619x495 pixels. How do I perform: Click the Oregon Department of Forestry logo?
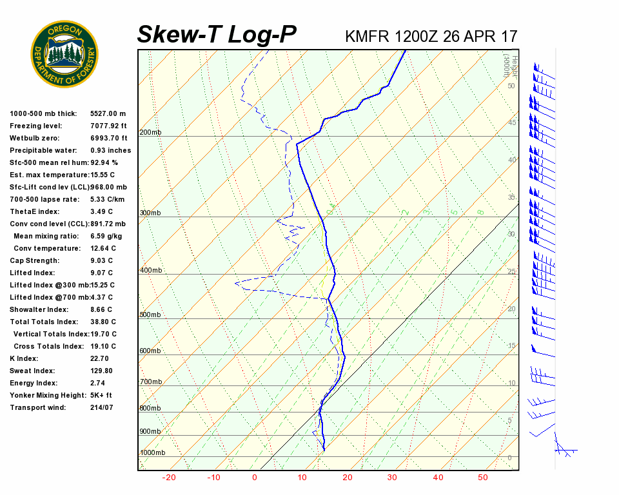click(64, 53)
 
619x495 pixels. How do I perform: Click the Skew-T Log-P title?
click(217, 34)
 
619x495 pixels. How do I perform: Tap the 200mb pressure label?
click(150, 133)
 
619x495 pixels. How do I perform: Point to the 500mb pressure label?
click(150, 315)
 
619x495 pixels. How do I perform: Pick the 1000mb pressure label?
click(152, 453)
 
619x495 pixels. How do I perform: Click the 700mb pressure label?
click(150, 382)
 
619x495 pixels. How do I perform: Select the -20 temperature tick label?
click(170, 478)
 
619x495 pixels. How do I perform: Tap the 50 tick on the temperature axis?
click(483, 478)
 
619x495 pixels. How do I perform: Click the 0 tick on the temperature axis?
click(254, 478)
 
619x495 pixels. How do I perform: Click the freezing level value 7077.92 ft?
click(109, 126)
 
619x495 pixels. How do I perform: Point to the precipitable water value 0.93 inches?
click(110, 150)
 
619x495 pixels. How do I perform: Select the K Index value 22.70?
click(99, 358)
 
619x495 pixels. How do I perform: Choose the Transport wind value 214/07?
click(101, 407)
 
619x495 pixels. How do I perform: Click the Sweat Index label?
click(32, 371)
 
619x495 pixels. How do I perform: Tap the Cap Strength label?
click(34, 260)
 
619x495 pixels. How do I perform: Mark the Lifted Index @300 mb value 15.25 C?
click(103, 285)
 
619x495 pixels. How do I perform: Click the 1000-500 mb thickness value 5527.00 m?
click(108, 113)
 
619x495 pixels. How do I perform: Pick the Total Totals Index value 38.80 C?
click(103, 322)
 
